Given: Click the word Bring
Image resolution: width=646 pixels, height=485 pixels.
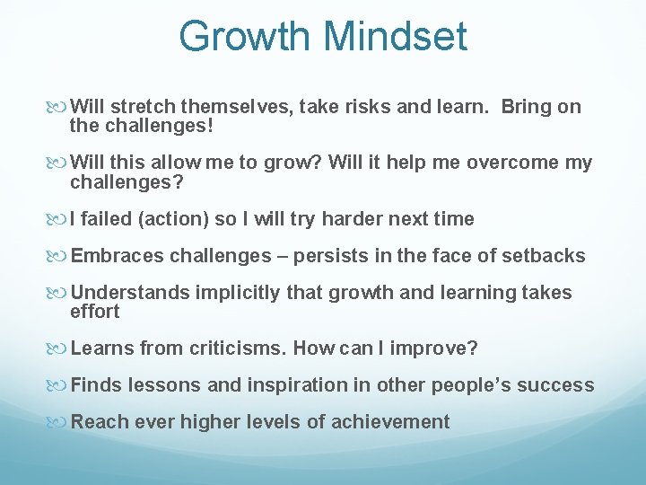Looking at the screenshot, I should [x=527, y=107].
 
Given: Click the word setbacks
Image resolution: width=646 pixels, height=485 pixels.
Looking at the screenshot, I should [x=544, y=257].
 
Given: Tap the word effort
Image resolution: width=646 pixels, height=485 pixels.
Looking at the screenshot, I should [x=94, y=312].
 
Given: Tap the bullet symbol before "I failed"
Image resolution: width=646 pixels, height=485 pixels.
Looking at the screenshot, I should [x=61, y=219].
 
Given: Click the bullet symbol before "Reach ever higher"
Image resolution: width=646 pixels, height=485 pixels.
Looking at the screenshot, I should [x=61, y=422].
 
